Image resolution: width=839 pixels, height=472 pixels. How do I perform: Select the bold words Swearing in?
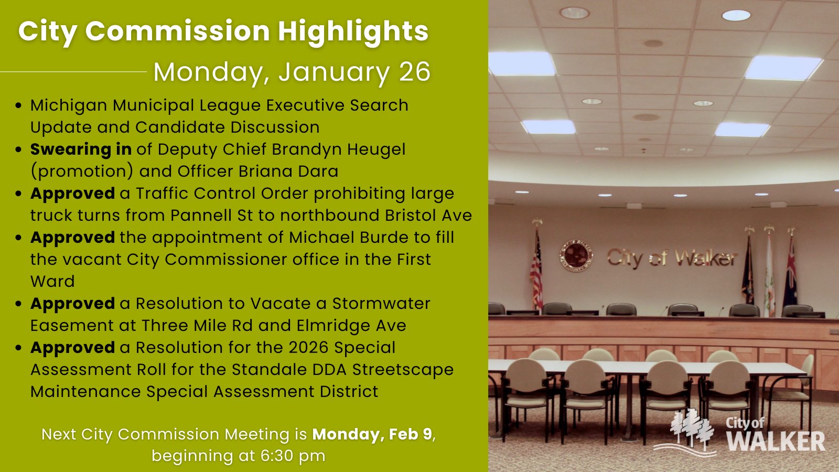tap(81, 149)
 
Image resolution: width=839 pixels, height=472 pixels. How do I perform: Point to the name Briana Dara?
tap(288, 171)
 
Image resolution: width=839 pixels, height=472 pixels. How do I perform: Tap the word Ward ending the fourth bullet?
tap(52, 282)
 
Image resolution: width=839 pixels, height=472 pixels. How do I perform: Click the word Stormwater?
tap(381, 304)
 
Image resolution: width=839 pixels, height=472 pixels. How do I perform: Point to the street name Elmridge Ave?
tap(351, 326)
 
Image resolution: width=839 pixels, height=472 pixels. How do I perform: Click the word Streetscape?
tap(403, 370)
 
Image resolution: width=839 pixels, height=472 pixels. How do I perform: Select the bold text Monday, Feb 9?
tap(372, 434)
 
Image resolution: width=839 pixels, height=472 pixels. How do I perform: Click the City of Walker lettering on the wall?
tap(672, 258)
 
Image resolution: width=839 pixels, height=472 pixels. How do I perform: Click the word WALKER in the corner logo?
tap(776, 441)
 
